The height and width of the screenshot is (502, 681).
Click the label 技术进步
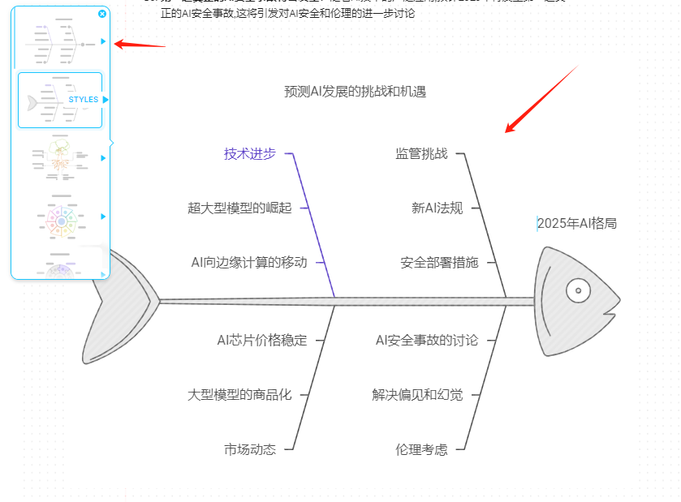(249, 154)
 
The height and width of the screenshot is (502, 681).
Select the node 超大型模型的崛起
(239, 208)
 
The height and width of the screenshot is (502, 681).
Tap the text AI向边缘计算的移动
(249, 262)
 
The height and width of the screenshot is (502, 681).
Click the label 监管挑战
(421, 153)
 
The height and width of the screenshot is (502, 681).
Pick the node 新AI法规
(437, 208)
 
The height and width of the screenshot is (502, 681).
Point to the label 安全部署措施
(439, 262)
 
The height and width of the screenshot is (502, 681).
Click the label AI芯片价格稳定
(261, 340)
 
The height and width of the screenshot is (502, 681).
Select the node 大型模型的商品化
(239, 395)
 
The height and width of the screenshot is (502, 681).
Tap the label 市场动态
(249, 448)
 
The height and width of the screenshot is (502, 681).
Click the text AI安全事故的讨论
(427, 340)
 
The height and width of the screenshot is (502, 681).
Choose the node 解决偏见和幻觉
(417, 395)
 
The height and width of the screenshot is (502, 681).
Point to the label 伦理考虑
(421, 448)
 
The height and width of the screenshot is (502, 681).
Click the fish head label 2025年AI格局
(577, 223)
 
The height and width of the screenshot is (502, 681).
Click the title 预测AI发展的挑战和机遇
(355, 92)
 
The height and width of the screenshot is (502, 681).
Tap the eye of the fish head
(578, 290)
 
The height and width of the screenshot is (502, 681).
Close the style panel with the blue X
(101, 14)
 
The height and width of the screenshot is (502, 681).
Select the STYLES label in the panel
(84, 100)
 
